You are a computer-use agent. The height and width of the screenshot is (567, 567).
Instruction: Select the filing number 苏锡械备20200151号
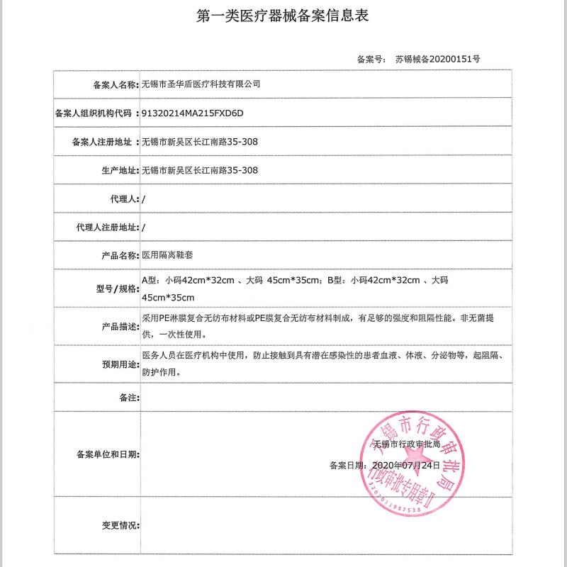437,60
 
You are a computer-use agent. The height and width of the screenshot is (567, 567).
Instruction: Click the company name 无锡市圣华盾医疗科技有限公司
201,84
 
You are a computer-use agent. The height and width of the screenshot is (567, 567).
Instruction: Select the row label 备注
128,398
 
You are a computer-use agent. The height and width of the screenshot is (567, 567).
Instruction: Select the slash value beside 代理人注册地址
144,228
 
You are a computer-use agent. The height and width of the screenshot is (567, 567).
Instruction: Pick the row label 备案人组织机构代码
94,113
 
